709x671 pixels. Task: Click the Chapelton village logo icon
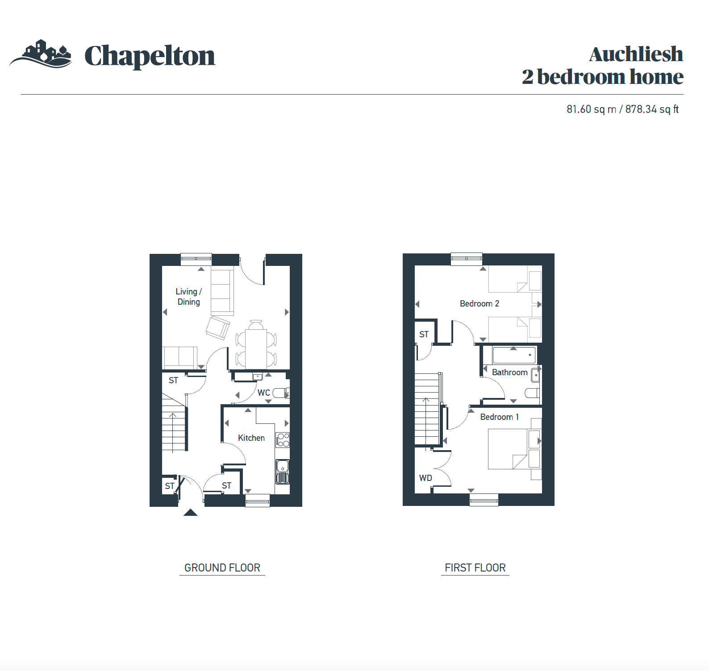(41, 54)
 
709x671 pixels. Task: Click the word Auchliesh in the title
(636, 54)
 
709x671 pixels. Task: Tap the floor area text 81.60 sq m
(591, 109)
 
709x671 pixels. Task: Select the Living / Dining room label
(188, 297)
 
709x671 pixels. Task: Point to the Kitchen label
(251, 438)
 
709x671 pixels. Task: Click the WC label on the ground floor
(264, 393)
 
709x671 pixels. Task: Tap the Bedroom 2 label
(480, 303)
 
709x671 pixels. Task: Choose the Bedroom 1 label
(500, 417)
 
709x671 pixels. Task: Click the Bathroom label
(510, 372)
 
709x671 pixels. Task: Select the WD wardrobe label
(425, 478)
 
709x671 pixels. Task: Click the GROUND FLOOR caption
(222, 567)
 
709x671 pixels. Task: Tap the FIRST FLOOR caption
(475, 567)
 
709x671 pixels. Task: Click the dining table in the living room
(256, 349)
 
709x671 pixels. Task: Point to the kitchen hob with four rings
(283, 440)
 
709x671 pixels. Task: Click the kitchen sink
(283, 472)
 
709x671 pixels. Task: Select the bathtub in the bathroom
(514, 355)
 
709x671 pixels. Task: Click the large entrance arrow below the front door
(191, 512)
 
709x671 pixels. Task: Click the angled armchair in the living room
(218, 327)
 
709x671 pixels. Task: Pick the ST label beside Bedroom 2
(424, 334)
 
